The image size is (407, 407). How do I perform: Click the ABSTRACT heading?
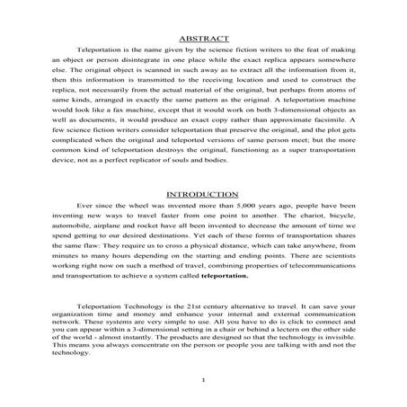(203, 39)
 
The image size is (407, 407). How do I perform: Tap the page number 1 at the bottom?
(204, 380)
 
